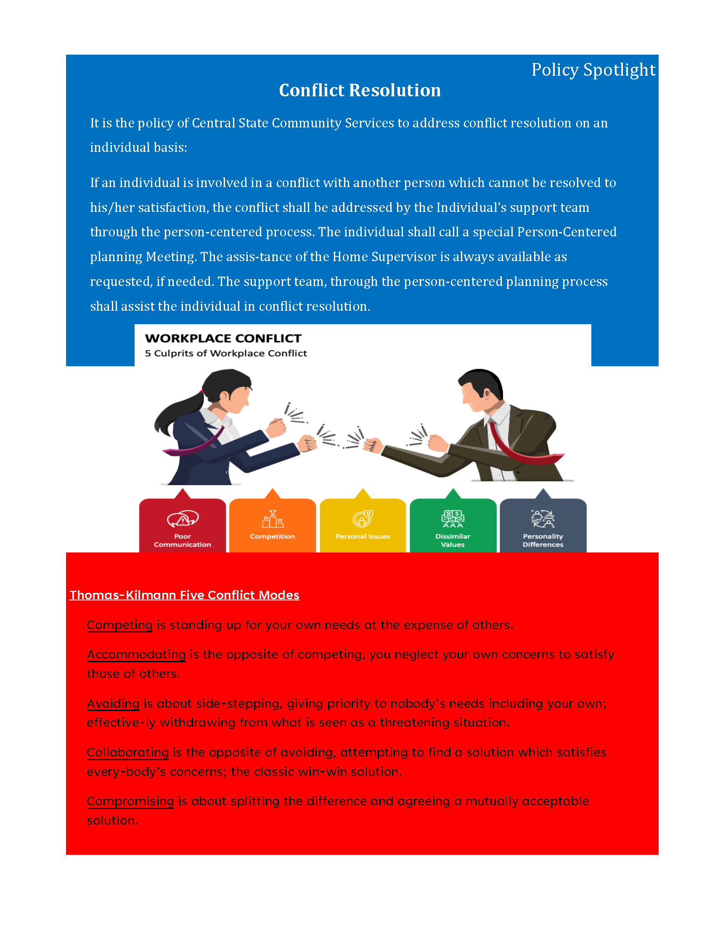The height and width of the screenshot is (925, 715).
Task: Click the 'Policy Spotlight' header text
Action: coord(593,70)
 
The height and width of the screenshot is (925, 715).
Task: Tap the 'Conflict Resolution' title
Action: coord(360,90)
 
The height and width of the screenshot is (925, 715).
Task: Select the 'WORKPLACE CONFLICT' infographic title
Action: coord(223,338)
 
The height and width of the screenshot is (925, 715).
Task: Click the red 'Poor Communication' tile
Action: coord(182,525)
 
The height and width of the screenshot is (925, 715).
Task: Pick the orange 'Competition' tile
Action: coord(273,525)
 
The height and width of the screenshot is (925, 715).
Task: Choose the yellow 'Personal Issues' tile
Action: coord(363,525)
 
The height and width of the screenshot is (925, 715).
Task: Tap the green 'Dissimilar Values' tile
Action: coord(453,525)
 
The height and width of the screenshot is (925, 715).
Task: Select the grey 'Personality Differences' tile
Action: coord(543,525)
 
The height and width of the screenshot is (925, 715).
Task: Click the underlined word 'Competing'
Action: coord(119,625)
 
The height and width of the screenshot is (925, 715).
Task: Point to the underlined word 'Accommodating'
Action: coord(136,655)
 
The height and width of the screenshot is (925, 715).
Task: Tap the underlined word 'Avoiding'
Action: coord(113,703)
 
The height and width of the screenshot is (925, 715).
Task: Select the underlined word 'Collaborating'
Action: coord(127,752)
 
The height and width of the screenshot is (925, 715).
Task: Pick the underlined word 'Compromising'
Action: coord(130,801)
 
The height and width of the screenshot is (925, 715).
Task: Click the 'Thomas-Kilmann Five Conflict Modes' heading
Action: coord(184,595)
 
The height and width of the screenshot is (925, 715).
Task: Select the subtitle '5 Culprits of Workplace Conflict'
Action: coord(226,353)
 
